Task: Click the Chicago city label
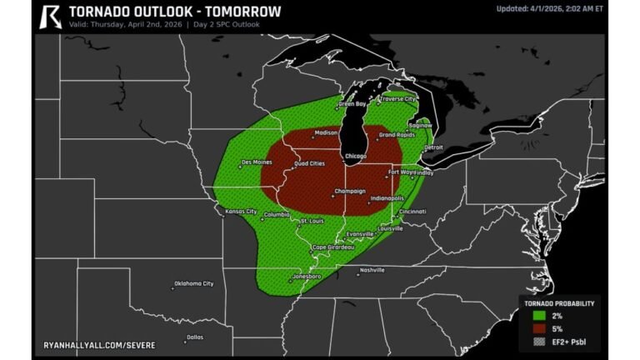click(355, 157)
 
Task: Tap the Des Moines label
click(257, 162)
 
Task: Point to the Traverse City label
click(398, 99)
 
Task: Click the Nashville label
click(372, 270)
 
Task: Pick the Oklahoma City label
click(193, 283)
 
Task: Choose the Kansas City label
click(241, 212)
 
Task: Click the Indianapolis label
click(387, 198)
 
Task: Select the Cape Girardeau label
click(333, 247)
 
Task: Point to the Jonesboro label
click(307, 276)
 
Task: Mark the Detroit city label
click(434, 147)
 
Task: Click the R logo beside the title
click(51, 15)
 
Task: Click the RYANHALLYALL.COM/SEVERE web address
click(104, 342)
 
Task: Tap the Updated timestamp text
click(549, 9)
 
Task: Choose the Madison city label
click(327, 132)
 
